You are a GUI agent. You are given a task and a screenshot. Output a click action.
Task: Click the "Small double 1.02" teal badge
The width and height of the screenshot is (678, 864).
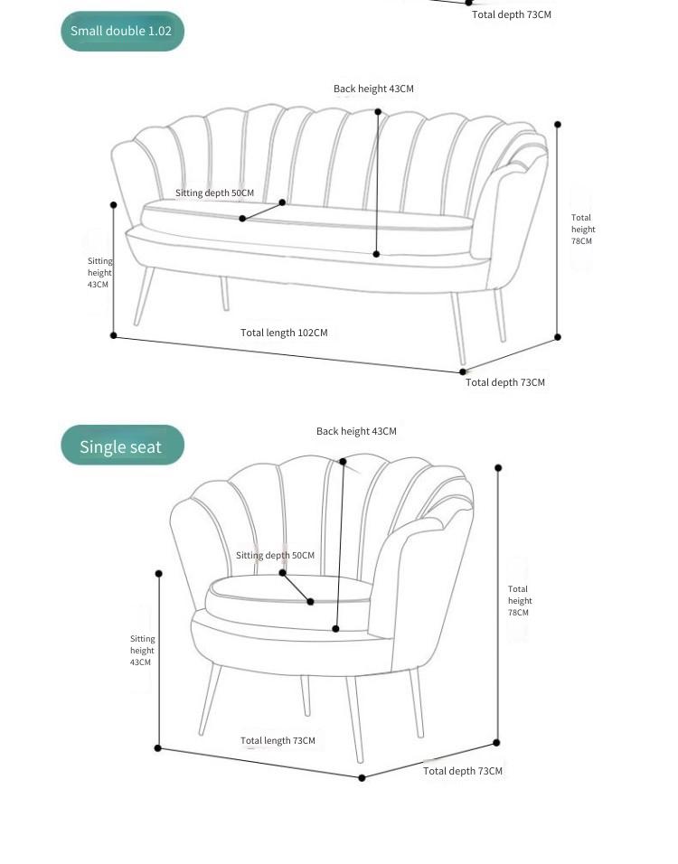click(x=122, y=31)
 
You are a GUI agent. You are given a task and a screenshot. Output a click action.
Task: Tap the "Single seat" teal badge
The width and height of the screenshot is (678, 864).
click(x=122, y=446)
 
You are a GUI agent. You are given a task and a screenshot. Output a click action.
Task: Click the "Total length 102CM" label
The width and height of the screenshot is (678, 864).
click(x=284, y=333)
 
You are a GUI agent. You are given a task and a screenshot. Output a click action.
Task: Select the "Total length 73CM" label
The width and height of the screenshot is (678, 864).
click(x=278, y=740)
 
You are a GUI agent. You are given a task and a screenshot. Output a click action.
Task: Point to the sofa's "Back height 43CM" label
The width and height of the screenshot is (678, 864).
click(x=373, y=89)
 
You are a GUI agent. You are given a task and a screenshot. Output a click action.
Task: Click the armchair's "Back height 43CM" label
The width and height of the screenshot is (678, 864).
click(x=356, y=431)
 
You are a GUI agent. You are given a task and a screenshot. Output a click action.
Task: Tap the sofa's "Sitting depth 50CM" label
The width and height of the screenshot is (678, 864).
click(x=214, y=193)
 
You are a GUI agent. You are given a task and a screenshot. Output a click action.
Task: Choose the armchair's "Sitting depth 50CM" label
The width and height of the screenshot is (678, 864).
click(x=275, y=556)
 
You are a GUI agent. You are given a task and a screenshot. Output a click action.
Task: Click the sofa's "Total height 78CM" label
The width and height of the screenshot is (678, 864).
click(x=583, y=230)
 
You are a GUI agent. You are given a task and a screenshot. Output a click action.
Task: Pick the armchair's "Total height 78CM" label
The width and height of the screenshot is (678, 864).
click(x=520, y=601)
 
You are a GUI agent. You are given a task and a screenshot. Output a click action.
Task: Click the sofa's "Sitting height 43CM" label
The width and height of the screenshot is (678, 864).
click(x=99, y=273)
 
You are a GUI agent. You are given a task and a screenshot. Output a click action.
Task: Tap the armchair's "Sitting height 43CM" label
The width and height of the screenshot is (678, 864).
click(x=142, y=651)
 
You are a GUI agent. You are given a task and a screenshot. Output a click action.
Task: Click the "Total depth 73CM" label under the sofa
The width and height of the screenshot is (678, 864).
click(x=505, y=382)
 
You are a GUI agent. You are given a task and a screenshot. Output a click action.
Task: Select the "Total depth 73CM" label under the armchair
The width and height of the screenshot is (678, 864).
click(x=463, y=771)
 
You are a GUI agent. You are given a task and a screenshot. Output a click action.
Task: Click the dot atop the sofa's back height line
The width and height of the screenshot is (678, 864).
click(x=378, y=112)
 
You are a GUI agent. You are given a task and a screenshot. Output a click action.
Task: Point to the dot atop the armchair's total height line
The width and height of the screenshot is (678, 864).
click(x=498, y=468)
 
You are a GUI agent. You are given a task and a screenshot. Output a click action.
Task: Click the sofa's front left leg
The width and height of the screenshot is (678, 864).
click(x=144, y=296)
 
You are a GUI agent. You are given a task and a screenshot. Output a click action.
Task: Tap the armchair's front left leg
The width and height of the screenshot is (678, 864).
click(x=210, y=700)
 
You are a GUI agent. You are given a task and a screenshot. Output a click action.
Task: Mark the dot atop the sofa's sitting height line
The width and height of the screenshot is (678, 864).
click(x=114, y=205)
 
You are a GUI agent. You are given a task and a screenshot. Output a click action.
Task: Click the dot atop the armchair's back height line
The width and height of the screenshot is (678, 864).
click(x=343, y=461)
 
